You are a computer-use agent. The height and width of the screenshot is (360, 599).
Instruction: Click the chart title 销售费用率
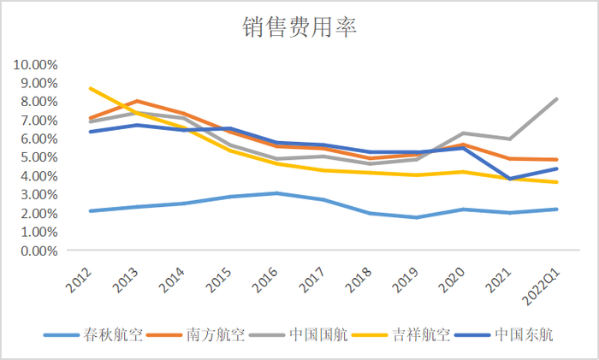click(299, 27)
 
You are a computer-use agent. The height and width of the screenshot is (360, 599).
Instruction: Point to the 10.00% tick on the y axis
click(35, 64)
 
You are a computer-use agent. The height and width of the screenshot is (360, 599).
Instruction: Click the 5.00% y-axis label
click(38, 157)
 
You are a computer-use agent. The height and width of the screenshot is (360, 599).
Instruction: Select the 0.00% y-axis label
click(38, 251)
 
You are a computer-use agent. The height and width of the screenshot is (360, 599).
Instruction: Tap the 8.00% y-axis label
click(38, 102)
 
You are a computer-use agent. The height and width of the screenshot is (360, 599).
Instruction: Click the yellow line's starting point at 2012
click(90, 88)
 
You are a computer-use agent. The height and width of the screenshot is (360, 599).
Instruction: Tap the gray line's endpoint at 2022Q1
click(557, 99)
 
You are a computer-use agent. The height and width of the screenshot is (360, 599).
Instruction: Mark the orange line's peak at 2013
click(137, 101)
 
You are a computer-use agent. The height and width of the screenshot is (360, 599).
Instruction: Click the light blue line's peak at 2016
click(276, 193)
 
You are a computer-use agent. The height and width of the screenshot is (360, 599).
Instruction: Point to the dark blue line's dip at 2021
click(510, 179)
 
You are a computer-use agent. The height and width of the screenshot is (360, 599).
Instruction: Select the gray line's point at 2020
click(464, 133)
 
